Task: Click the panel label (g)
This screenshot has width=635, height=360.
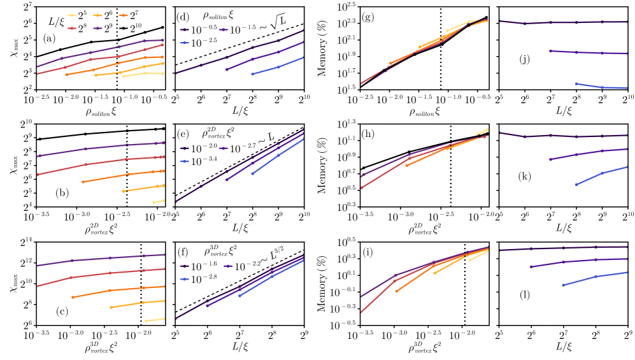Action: pyautogui.click(x=367, y=16)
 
